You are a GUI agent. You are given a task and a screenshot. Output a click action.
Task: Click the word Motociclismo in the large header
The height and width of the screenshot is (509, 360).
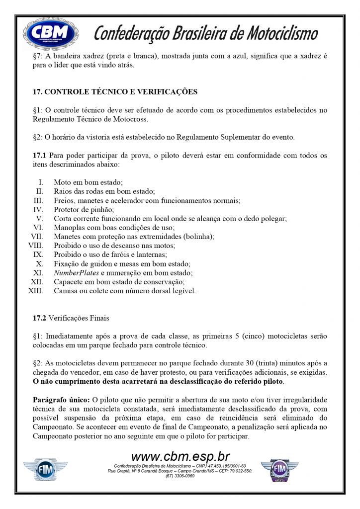[x=275, y=33]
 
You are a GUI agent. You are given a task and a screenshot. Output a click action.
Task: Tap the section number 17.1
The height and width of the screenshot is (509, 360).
[x=40, y=156]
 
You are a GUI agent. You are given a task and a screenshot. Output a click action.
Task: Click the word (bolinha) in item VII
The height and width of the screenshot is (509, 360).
[x=197, y=237]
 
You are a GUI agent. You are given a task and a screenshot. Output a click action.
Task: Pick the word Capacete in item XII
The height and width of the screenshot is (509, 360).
[x=69, y=281]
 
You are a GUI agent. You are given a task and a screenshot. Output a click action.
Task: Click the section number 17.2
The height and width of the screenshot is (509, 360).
[x=40, y=318]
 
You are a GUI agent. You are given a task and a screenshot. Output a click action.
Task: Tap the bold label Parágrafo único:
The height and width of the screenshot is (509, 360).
[x=61, y=400]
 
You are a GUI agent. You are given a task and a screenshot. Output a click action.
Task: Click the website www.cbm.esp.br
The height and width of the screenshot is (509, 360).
[x=180, y=457]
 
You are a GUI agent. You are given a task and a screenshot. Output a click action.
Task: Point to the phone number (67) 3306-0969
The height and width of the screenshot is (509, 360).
[x=180, y=476]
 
